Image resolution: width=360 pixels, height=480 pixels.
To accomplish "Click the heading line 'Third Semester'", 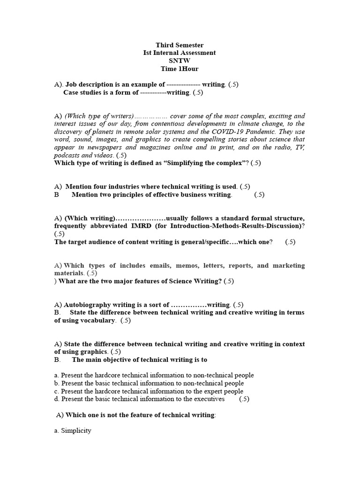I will [180, 45].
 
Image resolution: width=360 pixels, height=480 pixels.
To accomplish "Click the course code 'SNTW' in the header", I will [180, 61].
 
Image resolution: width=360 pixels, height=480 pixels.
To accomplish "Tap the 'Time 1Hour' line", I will [180, 69].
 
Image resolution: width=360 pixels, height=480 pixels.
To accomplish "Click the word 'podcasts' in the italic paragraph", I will [67, 155].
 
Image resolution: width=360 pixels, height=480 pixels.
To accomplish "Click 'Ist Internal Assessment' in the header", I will [180, 53].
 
